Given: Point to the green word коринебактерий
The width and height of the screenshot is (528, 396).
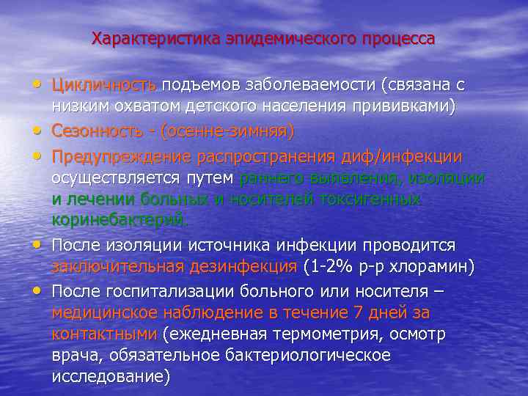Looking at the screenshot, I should (120, 219).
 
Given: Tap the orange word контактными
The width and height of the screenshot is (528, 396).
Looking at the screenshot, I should (104, 334).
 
